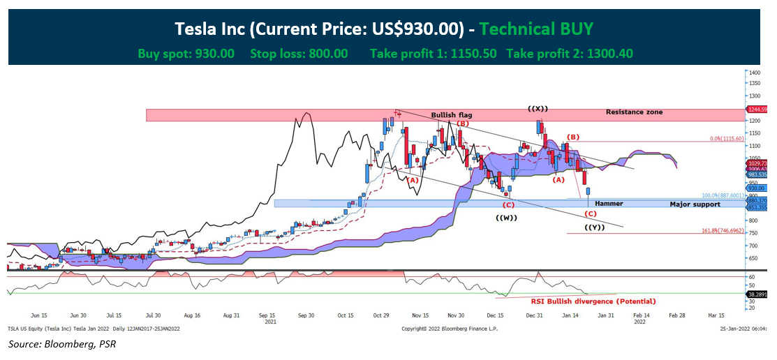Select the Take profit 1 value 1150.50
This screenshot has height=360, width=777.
[468, 53]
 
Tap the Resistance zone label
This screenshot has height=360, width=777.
[634, 112]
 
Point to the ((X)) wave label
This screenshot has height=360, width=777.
[538, 108]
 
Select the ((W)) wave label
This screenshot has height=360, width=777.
[506, 218]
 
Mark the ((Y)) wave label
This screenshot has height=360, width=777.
[594, 228]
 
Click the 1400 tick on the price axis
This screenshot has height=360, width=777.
[754, 72]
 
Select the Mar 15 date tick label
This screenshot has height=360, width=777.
[716, 315]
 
